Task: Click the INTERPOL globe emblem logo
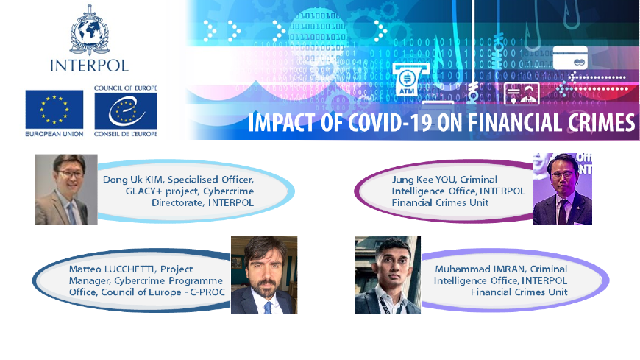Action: (x=90, y=30)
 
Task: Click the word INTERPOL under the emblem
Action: (x=90, y=66)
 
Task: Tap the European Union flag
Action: (x=54, y=110)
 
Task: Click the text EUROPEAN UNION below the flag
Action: (x=54, y=134)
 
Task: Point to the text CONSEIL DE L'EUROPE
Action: (x=126, y=134)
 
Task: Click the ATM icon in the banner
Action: (x=408, y=80)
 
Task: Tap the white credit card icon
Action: (x=570, y=57)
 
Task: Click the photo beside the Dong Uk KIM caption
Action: (x=66, y=190)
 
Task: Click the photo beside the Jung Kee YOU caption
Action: (x=563, y=189)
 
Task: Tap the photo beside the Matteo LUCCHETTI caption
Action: (x=264, y=275)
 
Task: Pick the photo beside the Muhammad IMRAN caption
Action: (x=388, y=275)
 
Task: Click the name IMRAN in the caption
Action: (x=510, y=269)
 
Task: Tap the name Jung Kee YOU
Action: (x=419, y=180)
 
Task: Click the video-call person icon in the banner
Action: (x=522, y=93)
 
